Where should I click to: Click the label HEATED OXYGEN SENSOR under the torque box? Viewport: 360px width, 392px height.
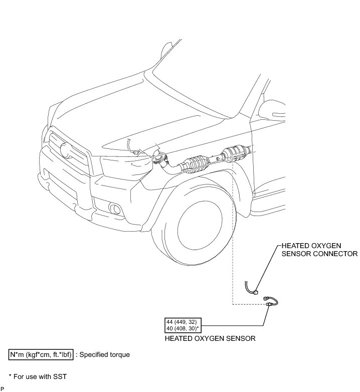click(x=210, y=338)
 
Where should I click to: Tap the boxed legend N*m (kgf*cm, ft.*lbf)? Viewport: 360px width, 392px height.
click(x=42, y=354)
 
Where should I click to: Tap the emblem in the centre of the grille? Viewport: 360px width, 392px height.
click(x=64, y=149)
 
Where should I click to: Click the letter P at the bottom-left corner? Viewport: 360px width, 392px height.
click(x=3, y=388)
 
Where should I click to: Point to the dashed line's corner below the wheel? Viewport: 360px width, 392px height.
click(x=233, y=304)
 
